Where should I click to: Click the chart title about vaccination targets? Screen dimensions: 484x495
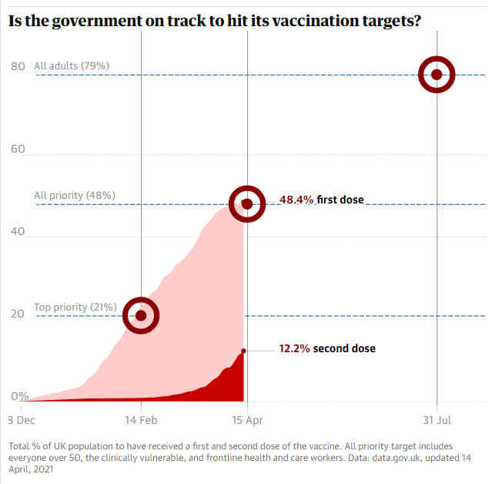[215, 21]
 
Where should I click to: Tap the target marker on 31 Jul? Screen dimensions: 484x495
[436, 75]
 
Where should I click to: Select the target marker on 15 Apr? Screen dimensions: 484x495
[247, 203]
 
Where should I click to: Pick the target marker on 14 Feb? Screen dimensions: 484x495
[141, 315]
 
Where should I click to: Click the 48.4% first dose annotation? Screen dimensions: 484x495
[321, 200]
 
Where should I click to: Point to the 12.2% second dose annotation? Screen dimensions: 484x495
[327, 348]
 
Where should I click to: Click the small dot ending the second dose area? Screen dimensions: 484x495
[244, 351]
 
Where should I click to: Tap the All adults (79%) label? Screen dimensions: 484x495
[72, 66]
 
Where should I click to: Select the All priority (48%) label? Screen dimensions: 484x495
[75, 196]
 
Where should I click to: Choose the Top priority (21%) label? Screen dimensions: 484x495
[75, 308]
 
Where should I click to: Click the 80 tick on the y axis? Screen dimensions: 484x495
[18, 66]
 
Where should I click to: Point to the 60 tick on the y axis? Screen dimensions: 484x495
[18, 149]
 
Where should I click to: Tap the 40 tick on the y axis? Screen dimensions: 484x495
[18, 231]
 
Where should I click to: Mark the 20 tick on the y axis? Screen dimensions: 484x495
[18, 314]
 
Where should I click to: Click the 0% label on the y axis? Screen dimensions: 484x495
[20, 396]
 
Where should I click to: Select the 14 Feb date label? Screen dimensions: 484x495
[141, 421]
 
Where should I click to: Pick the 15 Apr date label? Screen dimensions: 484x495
[247, 421]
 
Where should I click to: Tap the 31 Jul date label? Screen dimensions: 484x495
[436, 421]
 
